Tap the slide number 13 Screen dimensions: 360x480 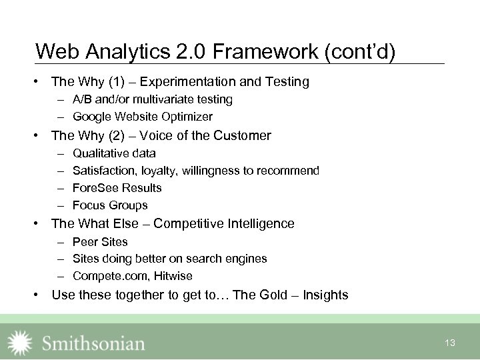(x=450, y=343)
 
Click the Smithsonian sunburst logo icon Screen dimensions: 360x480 (x=19, y=343)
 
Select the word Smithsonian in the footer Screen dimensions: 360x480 (x=93, y=343)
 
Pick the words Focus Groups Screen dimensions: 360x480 (x=110, y=205)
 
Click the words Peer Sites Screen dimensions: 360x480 (x=100, y=241)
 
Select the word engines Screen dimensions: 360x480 (x=247, y=259)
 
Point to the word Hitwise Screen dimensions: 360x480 (x=171, y=276)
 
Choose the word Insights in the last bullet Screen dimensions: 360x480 (x=325, y=295)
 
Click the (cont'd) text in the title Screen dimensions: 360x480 (x=360, y=51)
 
